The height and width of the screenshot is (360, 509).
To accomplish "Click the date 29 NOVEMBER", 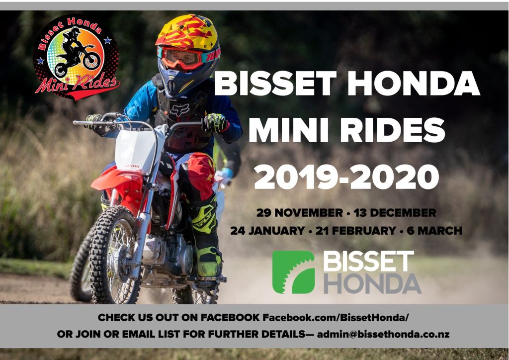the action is [x=299, y=213].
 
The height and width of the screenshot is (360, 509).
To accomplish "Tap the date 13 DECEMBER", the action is [x=395, y=213].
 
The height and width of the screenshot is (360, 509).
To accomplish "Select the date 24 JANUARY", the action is [x=267, y=231].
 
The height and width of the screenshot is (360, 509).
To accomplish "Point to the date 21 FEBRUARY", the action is [x=356, y=231].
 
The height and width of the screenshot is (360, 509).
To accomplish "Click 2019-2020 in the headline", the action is [x=346, y=177].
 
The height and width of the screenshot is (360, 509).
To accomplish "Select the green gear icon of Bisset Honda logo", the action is [x=293, y=272].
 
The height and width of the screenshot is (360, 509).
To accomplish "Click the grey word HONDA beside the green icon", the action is [x=372, y=283].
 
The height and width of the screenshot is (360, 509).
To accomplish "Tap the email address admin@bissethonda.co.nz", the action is [x=383, y=334].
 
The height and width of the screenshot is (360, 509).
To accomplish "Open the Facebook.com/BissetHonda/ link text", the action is [x=336, y=317].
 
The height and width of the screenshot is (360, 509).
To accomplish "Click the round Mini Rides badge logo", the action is [x=76, y=57].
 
